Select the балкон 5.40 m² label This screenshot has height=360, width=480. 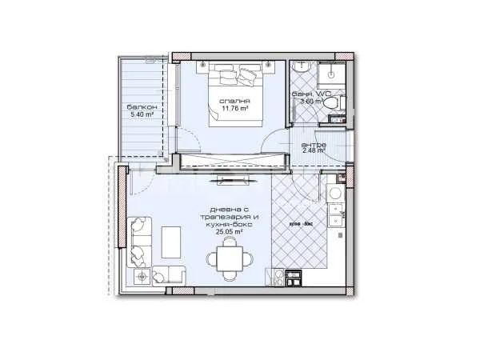(x=141, y=110)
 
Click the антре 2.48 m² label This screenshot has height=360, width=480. (x=313, y=146)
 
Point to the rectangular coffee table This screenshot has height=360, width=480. (x=171, y=240)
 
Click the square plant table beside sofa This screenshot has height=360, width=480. (x=142, y=277)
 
